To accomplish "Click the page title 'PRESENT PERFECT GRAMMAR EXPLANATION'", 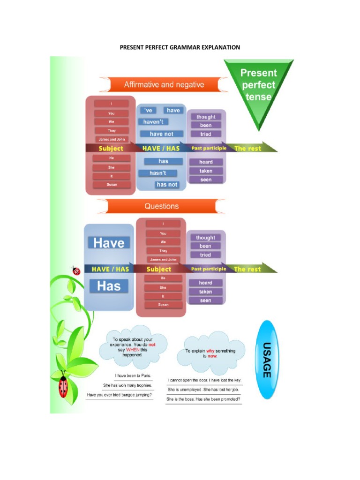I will pyautogui.click(x=180, y=47).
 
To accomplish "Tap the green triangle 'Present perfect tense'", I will pyautogui.click(x=259, y=87).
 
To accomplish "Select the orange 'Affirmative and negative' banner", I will pyautogui.click(x=164, y=85).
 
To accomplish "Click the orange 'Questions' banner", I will pyautogui.click(x=161, y=206).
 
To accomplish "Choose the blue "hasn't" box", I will pyautogui.click(x=157, y=173).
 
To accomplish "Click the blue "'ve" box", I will pyautogui.click(x=149, y=110).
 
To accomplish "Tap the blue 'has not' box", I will pyautogui.click(x=167, y=185).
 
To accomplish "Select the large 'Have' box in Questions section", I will pyautogui.click(x=109, y=243).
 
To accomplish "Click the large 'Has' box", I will pyautogui.click(x=109, y=286).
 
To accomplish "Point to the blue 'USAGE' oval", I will pyautogui.click(x=266, y=360).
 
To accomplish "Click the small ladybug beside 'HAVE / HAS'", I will pyautogui.click(x=75, y=270).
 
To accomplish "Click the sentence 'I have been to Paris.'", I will pyautogui.click(x=133, y=375).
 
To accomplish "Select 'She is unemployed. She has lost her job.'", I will pyautogui.click(x=203, y=390).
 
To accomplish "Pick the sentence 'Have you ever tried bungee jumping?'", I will pyautogui.click(x=120, y=395).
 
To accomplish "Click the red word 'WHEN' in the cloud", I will pyautogui.click(x=133, y=350).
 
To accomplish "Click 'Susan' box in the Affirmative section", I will pyautogui.click(x=111, y=185).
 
